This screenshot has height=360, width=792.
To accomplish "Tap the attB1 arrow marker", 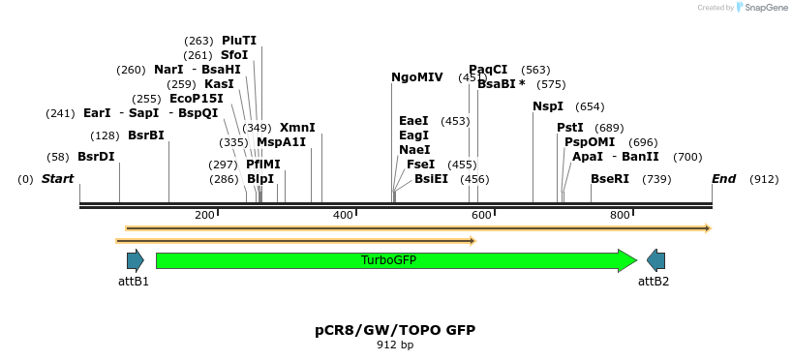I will [x=135, y=260].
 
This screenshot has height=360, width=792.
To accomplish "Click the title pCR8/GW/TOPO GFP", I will [x=395, y=330].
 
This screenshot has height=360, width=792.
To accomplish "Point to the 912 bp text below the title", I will [x=395, y=345].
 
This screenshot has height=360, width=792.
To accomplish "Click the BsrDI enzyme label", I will [x=96, y=157].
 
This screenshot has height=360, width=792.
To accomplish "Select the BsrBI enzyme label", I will [x=146, y=135].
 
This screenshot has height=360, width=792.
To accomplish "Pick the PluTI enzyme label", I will [x=239, y=41].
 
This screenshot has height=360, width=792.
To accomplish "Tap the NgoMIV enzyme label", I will [x=417, y=77].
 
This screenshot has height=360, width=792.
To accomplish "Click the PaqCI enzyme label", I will [x=488, y=70].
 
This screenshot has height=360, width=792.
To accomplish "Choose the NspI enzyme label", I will [x=547, y=106].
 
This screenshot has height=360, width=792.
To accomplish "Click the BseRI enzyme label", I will [x=610, y=179].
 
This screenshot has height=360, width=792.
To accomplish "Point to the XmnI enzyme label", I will [x=297, y=128].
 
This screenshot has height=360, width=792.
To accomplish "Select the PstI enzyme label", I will [x=570, y=128].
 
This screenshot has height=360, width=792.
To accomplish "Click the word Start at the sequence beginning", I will [x=57, y=179].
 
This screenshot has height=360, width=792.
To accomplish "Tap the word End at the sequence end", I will [x=723, y=179].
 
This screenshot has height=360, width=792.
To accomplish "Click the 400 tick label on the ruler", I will [x=343, y=215].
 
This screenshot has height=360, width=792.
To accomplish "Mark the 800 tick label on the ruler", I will [x=620, y=215].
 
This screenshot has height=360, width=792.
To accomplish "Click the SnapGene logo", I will [x=764, y=8].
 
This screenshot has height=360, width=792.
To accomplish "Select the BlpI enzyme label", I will [x=260, y=179].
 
